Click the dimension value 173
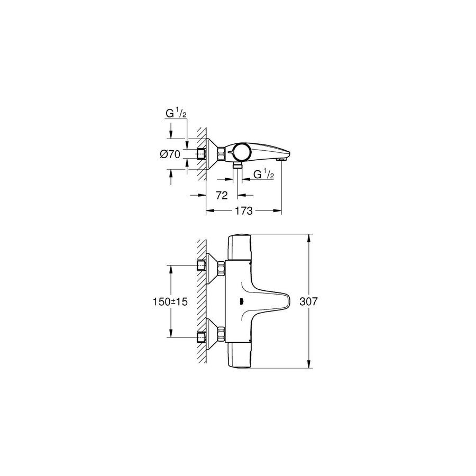click(x=243, y=210)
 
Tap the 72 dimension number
click(x=222, y=195)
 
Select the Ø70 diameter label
click(x=170, y=154)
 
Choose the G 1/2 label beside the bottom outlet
click(x=263, y=175)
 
